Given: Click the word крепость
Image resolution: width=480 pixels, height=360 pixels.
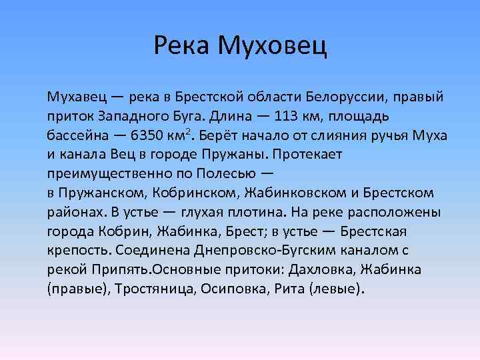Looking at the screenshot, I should pyautogui.click(x=79, y=251).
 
